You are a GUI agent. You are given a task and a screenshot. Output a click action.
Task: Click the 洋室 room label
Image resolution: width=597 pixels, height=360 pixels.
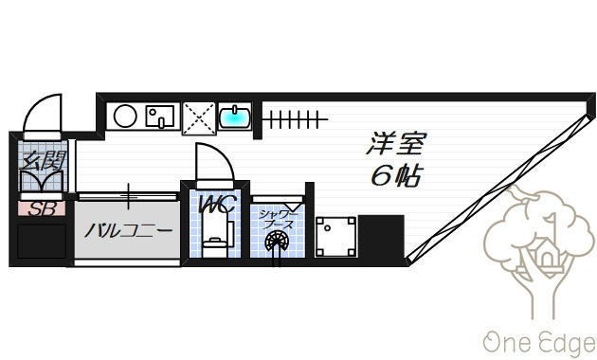coord(395,143)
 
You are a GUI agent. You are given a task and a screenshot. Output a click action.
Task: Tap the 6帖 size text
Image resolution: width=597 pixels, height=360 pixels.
coord(396,176)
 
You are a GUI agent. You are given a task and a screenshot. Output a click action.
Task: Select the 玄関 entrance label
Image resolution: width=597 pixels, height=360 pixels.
coord(43,160)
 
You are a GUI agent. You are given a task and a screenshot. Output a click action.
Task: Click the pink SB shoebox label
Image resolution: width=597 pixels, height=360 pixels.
coord(42,209)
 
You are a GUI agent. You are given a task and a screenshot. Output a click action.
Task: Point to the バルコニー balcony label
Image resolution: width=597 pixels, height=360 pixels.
coord(128,230)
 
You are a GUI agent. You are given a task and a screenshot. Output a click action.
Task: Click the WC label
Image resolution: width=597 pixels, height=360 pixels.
coord(217,205)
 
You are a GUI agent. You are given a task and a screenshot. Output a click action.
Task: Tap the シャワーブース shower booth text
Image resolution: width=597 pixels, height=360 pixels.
coord(277,220)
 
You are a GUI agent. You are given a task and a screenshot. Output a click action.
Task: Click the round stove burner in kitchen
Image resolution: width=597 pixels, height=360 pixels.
coord(125,117)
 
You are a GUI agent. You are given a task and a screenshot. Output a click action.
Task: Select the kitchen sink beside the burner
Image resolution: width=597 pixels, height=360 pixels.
coord(160,117)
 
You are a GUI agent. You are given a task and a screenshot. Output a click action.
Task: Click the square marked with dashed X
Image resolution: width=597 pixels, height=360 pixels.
coord(199,118)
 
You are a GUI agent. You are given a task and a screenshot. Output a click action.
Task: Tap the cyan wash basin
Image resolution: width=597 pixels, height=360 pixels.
coord(235,117)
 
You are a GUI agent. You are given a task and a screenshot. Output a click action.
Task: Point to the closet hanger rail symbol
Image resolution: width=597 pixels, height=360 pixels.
coord(295,119)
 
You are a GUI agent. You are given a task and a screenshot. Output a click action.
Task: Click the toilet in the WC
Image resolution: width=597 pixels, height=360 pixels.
coord(215,237)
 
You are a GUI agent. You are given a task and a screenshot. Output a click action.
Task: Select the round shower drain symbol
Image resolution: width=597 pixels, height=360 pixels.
coord(277,242)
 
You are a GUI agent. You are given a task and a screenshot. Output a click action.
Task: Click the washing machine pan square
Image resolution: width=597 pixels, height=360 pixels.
coord(335,236)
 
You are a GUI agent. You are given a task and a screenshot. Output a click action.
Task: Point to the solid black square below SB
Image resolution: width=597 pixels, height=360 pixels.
coord(42,242)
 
